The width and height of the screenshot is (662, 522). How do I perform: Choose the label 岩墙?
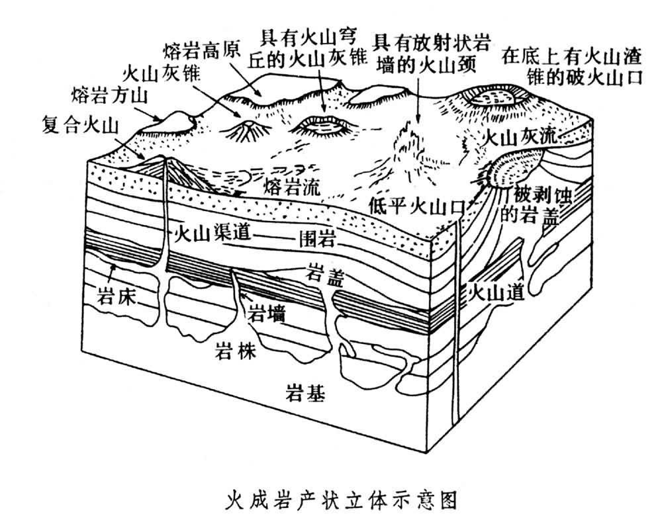pos(267,313)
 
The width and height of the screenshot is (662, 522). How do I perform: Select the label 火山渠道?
pos(201,235)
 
